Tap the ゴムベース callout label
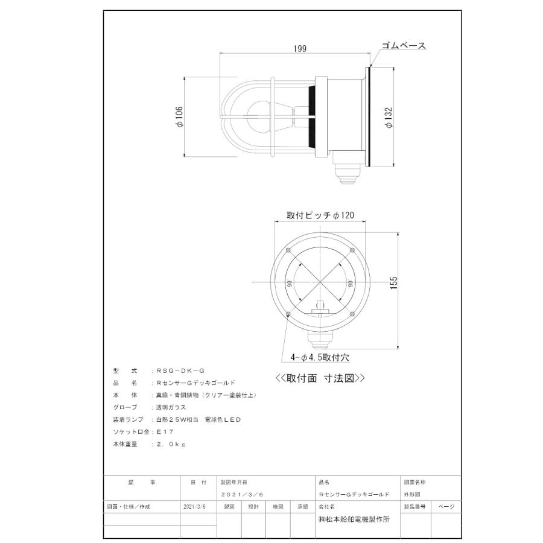[404, 46]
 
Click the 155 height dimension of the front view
[394, 283]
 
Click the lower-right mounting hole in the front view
[352, 312]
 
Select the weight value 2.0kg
[171, 443]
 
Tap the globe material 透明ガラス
[172, 407]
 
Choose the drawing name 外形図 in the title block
[412, 494]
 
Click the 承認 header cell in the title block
[302, 507]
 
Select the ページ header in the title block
[446, 507]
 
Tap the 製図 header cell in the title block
[229, 507]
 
